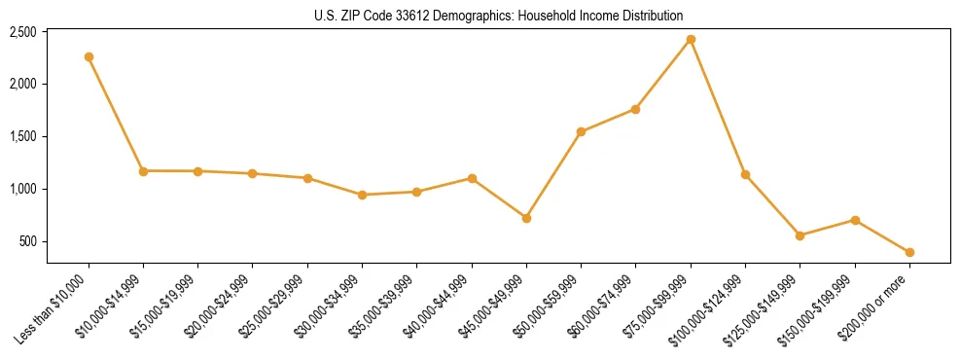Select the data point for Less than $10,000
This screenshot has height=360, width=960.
[x=89, y=56]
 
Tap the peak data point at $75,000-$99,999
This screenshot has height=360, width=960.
[x=691, y=39]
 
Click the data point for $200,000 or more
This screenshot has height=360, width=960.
[x=909, y=252]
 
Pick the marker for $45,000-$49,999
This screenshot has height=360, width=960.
[x=526, y=218]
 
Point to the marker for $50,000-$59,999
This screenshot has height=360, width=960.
[x=581, y=131]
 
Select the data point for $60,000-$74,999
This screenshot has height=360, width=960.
[x=635, y=109]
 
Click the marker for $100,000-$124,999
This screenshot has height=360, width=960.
[x=745, y=174]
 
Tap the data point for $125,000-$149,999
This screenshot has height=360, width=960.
[x=800, y=235]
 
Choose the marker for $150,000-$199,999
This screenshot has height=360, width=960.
[x=855, y=220]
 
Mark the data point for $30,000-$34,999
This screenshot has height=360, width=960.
[x=362, y=195]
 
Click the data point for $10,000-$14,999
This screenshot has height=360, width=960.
[x=143, y=171]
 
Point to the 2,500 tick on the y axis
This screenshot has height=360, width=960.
[x=22, y=32]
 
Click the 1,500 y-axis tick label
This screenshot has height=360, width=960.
[x=22, y=136]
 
